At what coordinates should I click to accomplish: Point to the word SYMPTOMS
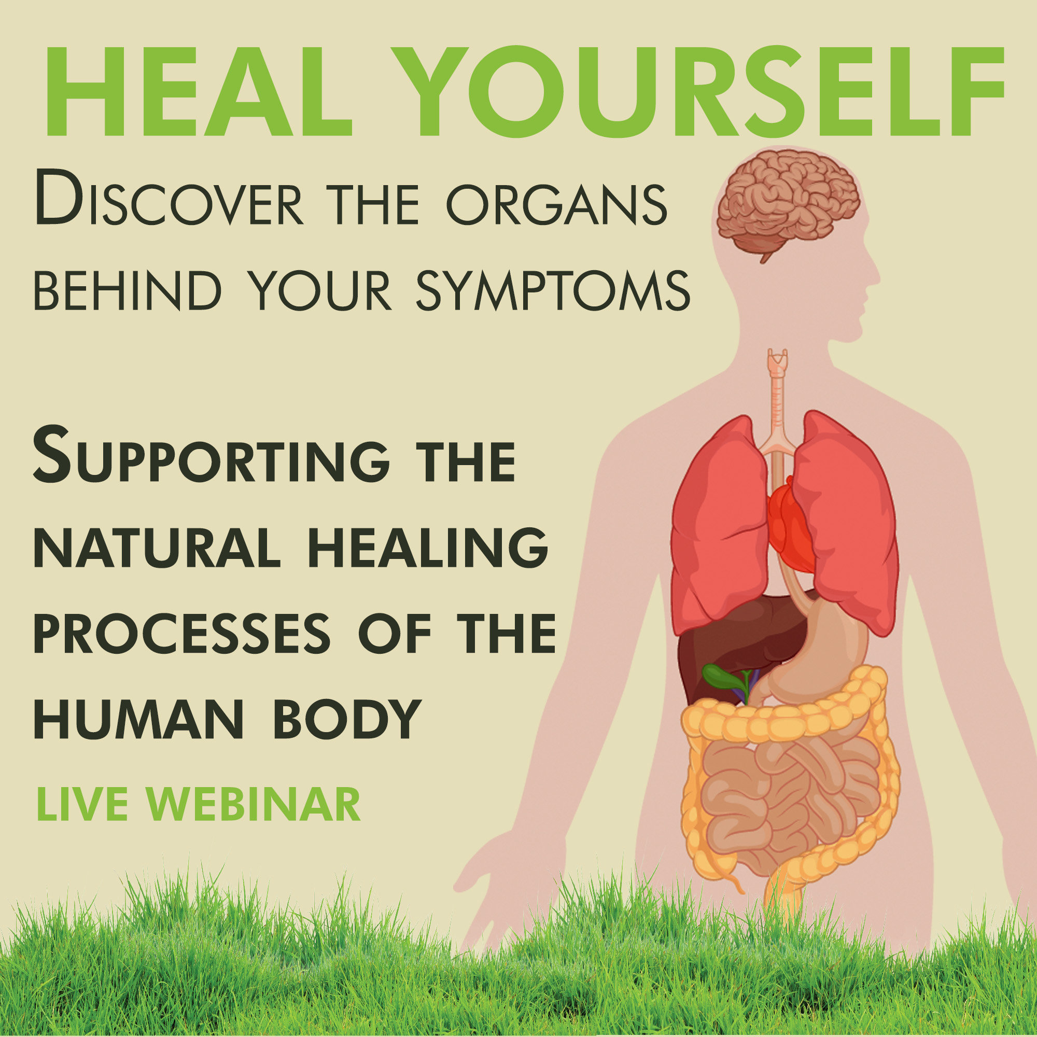point(553,291)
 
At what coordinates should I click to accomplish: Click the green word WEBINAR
point(254,805)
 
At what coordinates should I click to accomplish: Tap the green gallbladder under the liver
point(719,677)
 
